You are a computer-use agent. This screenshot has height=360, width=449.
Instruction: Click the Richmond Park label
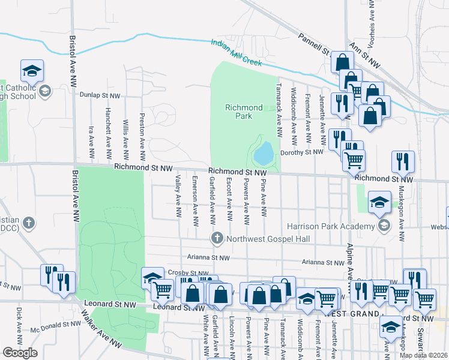pyautogui.click(x=244, y=112)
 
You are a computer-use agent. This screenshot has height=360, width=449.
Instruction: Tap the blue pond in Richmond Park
pyautogui.click(x=264, y=154)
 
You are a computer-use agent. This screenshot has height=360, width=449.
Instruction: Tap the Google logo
pyautogui.click(x=20, y=353)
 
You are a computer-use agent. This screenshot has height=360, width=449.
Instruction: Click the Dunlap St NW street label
pyautogui.click(x=98, y=94)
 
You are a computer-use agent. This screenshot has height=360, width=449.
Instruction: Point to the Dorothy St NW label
pyautogui.click(x=301, y=152)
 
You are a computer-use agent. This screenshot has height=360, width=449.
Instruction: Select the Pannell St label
pyautogui.click(x=316, y=43)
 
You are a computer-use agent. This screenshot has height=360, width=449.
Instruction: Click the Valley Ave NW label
pyautogui.click(x=178, y=196)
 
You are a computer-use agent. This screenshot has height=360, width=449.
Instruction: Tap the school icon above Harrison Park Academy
pyautogui.click(x=379, y=202)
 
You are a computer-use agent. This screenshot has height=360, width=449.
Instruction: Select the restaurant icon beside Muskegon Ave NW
pyautogui.click(x=403, y=162)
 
